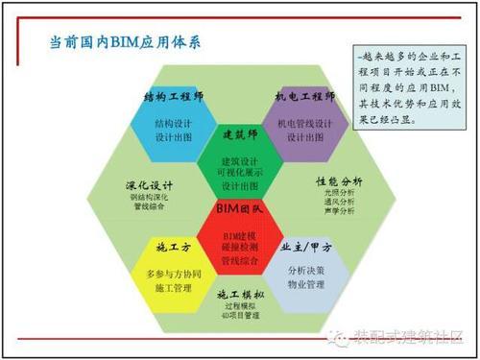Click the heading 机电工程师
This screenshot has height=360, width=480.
tap(304, 98)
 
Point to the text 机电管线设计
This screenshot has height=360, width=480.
tap(305, 123)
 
